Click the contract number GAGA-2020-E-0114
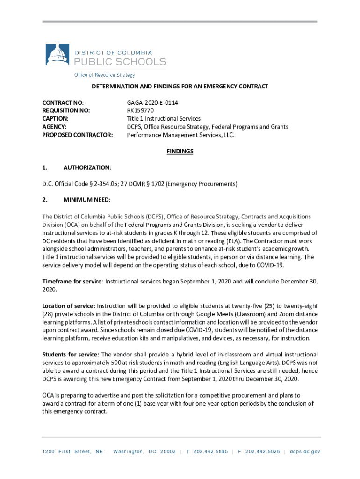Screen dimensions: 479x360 [x=152, y=102]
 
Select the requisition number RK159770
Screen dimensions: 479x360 [x=140, y=110]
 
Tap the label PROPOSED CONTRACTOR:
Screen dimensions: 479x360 [x=77, y=135]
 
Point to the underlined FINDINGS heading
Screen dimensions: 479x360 [x=180, y=151]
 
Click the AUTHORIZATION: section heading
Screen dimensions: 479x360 [x=87, y=167]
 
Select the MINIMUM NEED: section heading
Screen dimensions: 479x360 [x=86, y=200]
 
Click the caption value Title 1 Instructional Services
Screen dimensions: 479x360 [x=164, y=119]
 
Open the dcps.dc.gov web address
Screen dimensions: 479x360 [x=305, y=451]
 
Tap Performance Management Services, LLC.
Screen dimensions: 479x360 [x=180, y=135]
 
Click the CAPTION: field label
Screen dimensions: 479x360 [x=55, y=119]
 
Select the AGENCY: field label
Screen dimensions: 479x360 [x=54, y=127]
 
